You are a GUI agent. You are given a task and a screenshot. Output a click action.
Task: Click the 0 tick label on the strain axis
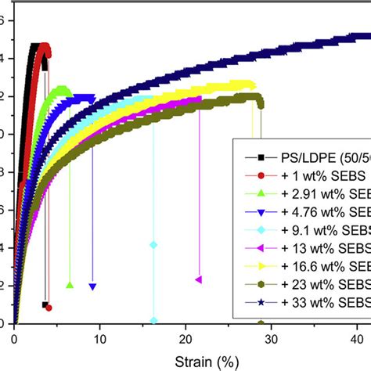coord(14,337)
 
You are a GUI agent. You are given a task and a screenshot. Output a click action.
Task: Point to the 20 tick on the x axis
coord(185,337)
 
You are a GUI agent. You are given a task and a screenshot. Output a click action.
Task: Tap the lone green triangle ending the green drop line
coord(70,285)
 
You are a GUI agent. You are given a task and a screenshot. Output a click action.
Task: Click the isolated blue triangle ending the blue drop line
coord(93,286)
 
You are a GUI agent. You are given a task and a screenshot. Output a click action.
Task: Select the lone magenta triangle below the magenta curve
coord(199,279)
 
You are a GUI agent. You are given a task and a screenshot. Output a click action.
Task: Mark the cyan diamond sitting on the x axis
coord(153,321)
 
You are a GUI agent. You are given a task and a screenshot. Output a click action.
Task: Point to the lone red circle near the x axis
coord(49,308)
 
